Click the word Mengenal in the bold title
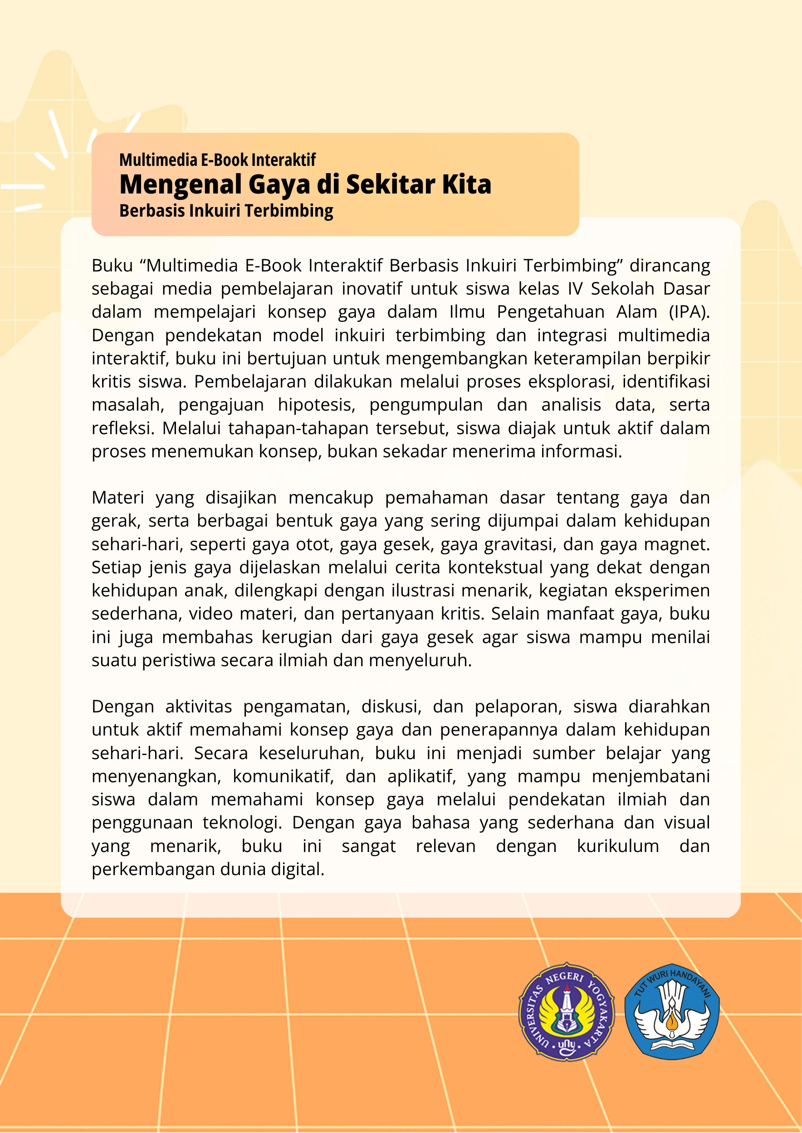[181, 184]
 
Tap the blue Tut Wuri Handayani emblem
[672, 1012]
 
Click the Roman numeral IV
[575, 289]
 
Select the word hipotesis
[316, 405]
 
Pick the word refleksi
[123, 428]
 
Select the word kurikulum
[618, 846]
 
